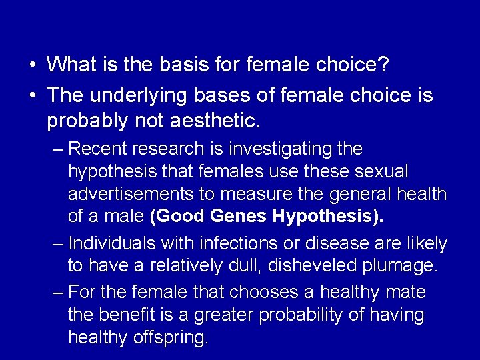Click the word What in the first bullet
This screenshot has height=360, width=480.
click(x=69, y=65)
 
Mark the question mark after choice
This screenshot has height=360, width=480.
click(x=385, y=65)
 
